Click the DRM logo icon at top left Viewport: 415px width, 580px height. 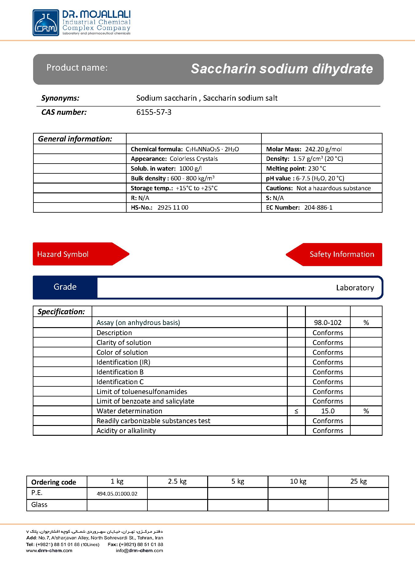[46, 23]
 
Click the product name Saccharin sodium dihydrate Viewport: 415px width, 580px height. [282, 69]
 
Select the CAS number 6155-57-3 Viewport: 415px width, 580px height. [154, 112]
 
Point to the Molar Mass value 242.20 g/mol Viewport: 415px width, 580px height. [323, 149]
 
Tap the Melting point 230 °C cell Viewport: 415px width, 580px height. [296, 168]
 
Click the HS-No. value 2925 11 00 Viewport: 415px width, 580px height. [173, 207]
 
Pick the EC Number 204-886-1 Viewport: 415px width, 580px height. [318, 207]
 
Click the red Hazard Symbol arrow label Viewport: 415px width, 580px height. [63, 254]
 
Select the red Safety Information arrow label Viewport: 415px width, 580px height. [342, 254]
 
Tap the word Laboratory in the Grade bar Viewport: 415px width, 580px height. [355, 288]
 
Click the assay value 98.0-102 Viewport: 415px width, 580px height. [328, 323]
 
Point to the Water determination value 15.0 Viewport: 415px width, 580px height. [328, 411]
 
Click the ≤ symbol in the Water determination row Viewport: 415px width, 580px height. [296, 411]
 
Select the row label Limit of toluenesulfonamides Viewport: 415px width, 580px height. [142, 392]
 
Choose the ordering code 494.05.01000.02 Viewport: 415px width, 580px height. [117, 494]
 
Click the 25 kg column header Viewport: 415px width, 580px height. [358, 481]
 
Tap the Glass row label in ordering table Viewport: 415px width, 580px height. [39, 505]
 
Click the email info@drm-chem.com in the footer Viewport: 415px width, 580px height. [139, 551]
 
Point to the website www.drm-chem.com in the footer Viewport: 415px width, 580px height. [49, 551]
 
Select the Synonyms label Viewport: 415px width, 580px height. [60, 98]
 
